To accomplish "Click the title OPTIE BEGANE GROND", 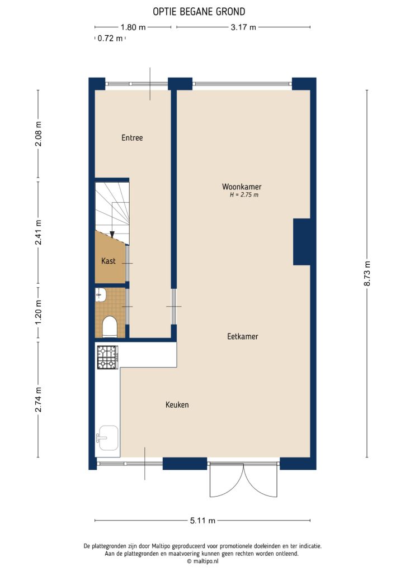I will click(x=199, y=11).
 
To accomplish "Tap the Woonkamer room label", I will click(x=242, y=187).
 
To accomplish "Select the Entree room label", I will click(x=132, y=137).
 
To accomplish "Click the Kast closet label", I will click(x=109, y=261).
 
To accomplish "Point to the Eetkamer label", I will click(x=242, y=336).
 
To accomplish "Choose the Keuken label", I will click(x=177, y=404).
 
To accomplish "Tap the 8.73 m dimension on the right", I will click(x=367, y=274).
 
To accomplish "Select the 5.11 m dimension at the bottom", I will click(x=202, y=521).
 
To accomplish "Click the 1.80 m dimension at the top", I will click(x=133, y=27).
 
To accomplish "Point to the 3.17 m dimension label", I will click(x=244, y=27).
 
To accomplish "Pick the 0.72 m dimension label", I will click(x=110, y=39).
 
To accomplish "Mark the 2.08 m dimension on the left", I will click(x=38, y=136).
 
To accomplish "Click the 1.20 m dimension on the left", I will click(x=38, y=313).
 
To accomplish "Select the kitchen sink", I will click(x=106, y=437).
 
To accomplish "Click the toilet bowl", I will click(x=110, y=327).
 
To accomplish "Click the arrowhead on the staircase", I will click(x=112, y=235).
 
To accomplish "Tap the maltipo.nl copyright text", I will click(x=202, y=561).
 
